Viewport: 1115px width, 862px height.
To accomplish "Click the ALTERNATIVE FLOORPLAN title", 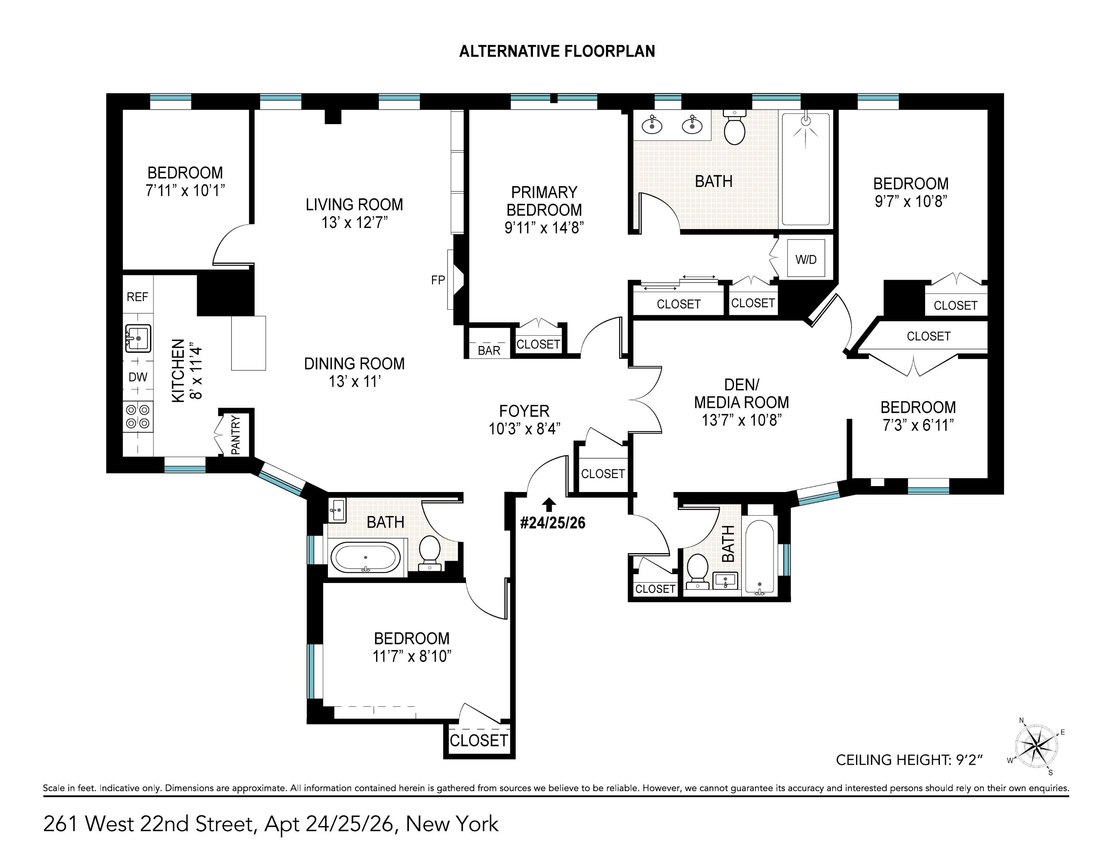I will [x=557, y=51].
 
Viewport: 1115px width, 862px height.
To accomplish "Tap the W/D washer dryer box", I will [x=805, y=259].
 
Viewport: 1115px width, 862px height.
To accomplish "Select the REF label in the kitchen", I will [x=137, y=297].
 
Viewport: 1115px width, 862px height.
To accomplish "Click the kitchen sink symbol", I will [x=138, y=338].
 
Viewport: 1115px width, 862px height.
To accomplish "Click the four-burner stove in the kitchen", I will [x=138, y=416].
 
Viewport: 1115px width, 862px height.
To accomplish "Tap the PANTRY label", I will [x=235, y=435].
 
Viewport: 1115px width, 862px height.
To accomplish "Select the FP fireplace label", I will [x=438, y=280].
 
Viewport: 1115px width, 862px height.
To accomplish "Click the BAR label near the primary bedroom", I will [x=489, y=350].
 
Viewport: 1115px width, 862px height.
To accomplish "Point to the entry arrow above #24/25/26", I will [x=549, y=504].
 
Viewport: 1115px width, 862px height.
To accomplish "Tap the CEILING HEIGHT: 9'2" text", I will [x=909, y=760].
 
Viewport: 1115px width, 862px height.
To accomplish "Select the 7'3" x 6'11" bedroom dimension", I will [x=918, y=425].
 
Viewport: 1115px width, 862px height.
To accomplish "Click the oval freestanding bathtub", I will [x=365, y=558].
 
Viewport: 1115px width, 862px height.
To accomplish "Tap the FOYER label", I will [x=524, y=411].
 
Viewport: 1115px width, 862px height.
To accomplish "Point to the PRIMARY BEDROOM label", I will [x=544, y=201].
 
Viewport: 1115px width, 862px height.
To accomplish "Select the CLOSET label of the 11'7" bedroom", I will [x=478, y=740].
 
